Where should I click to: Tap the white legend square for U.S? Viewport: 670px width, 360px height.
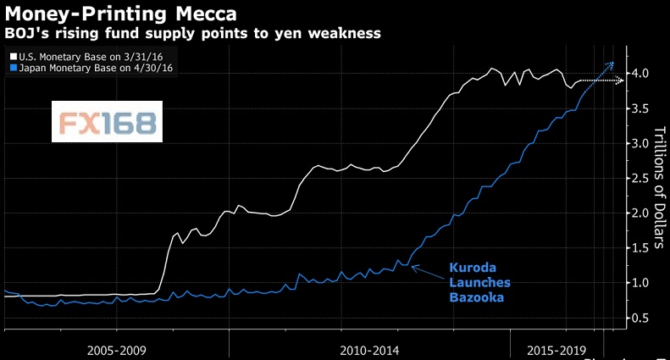click(x=9, y=54)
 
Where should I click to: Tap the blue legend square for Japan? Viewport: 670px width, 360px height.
click(x=9, y=66)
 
